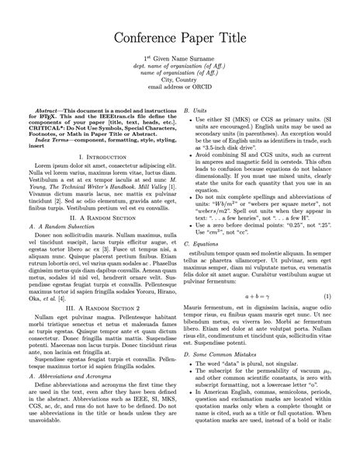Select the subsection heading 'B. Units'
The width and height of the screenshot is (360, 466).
pos(195,112)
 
